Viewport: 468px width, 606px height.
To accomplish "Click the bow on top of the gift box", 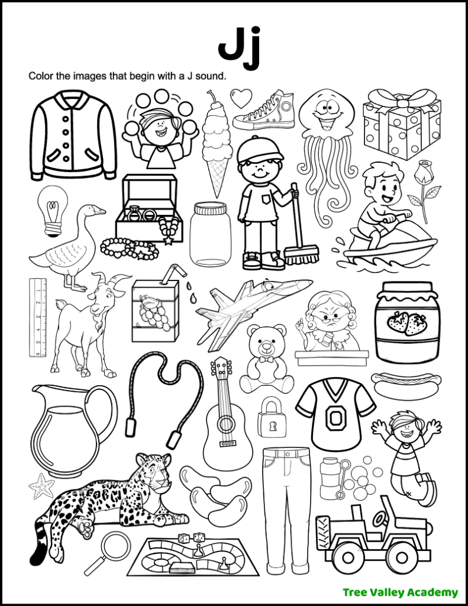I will coord(402,98).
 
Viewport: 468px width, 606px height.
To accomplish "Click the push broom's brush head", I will coord(301,256).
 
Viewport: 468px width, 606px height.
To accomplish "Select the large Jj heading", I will coord(238,47).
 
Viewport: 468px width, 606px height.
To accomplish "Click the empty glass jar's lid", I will coord(211,208).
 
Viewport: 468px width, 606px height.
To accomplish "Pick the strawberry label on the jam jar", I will coord(406,323).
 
